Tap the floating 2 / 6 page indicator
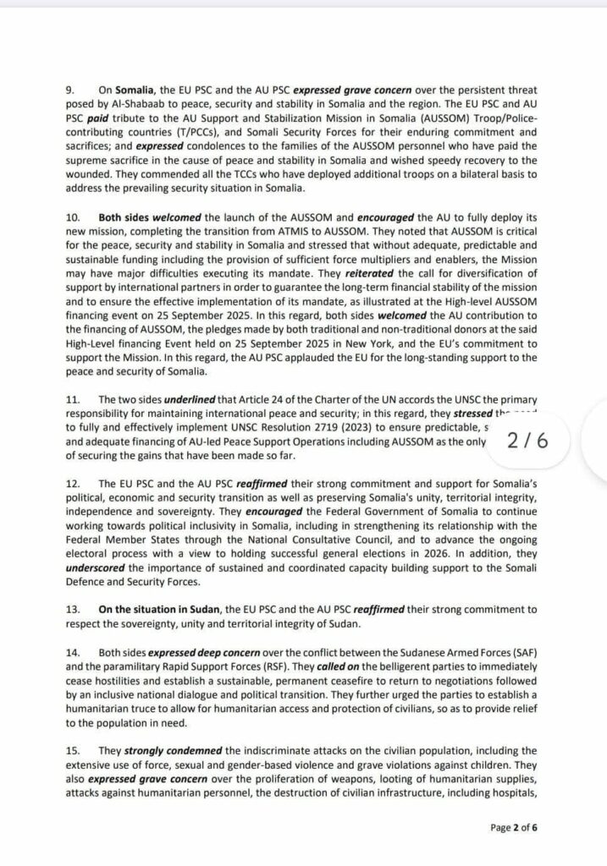526,440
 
